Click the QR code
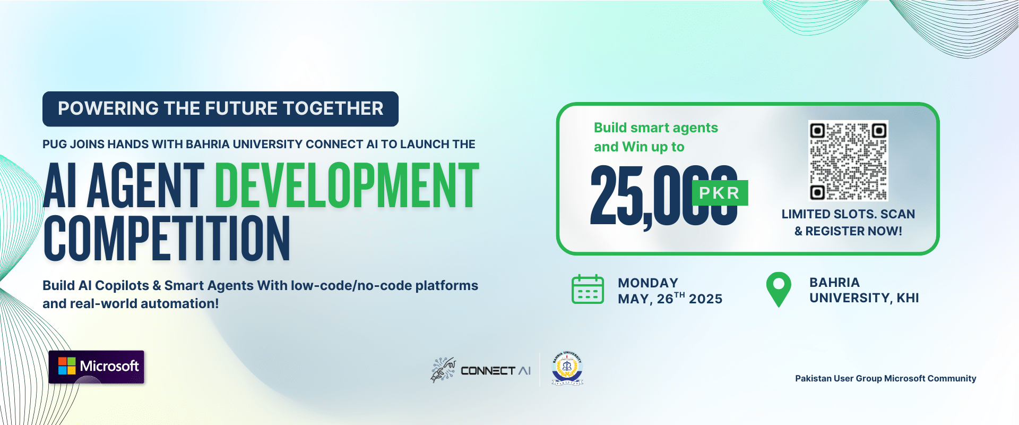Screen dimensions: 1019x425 click(848, 160)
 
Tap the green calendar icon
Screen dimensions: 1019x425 click(588, 290)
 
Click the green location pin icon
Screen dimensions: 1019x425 click(779, 290)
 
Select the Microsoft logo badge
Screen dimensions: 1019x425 click(97, 367)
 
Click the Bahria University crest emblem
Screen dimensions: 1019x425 click(567, 368)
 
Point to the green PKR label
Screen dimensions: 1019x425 click(720, 193)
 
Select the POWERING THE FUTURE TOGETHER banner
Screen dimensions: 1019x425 click(220, 109)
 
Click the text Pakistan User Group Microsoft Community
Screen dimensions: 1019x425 click(885, 378)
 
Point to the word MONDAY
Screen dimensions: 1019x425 click(648, 283)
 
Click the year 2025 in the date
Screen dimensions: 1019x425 click(705, 299)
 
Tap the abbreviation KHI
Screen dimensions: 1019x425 click(908, 298)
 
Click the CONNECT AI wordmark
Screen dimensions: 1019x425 click(496, 371)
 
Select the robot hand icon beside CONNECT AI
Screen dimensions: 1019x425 click(443, 370)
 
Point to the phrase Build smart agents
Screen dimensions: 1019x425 click(655, 128)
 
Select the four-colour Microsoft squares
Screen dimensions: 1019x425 click(67, 366)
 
